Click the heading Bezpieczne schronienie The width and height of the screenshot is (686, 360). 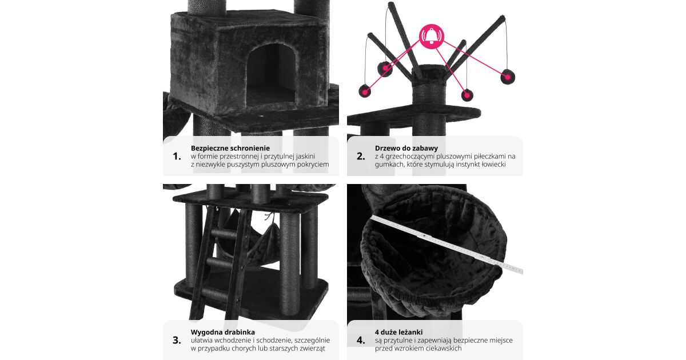click(230, 148)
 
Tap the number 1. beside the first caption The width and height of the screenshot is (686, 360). click(177, 157)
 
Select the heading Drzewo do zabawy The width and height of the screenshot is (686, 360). click(406, 148)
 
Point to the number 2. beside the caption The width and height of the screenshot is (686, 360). click(361, 157)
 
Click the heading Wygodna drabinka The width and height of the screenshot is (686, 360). click(222, 332)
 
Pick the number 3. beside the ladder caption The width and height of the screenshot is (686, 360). click(177, 341)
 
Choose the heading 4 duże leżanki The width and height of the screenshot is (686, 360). click(399, 332)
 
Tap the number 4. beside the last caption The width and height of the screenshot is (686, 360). click(361, 341)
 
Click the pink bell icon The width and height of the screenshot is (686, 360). click(432, 37)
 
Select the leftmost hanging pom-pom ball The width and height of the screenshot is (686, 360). click(365, 91)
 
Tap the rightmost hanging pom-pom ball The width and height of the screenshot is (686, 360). click(508, 77)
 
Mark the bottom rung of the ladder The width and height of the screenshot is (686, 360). click(215, 294)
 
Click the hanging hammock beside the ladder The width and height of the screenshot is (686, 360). click(260, 242)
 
